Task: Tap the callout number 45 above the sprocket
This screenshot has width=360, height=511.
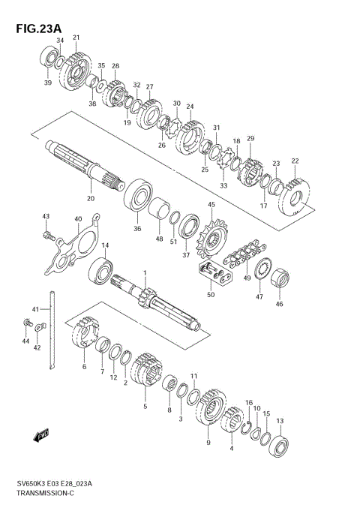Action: tap(211, 204)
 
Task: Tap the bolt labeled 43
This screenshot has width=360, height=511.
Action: tap(47, 236)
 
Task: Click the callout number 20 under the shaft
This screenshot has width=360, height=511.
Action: tap(90, 199)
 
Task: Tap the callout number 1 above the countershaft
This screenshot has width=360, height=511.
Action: tap(145, 273)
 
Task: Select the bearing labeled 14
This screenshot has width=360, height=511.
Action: tap(100, 270)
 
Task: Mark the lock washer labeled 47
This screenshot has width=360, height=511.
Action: tap(262, 270)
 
